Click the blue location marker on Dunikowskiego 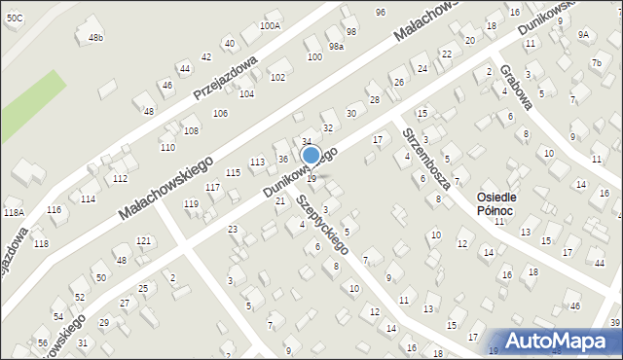(311, 156)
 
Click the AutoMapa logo (559, 340)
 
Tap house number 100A (271, 26)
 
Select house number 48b (95, 37)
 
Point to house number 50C (13, 18)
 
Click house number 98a (336, 47)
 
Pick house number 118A (13, 212)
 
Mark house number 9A (583, 34)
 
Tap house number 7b (596, 63)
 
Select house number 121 (143, 240)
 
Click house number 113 (257, 162)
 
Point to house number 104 (246, 94)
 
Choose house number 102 (277, 77)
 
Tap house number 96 (380, 12)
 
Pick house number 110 (167, 148)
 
